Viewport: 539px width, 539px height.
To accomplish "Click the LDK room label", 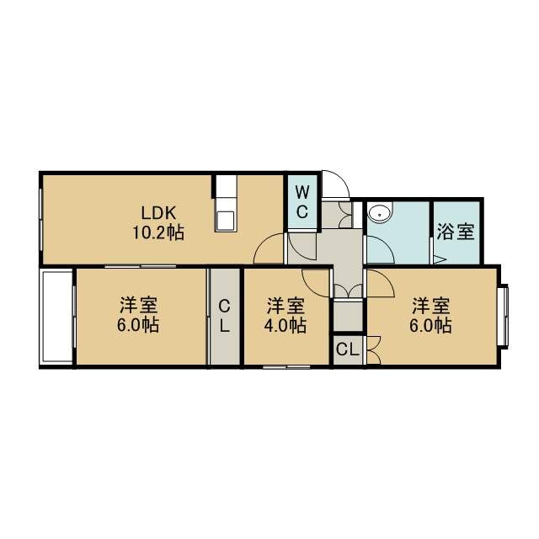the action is pos(159,213).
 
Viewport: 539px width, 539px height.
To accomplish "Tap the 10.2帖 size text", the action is pos(158,233).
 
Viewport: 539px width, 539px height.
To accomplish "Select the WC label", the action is pos(302,202).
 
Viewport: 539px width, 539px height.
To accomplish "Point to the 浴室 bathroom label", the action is pos(456,232).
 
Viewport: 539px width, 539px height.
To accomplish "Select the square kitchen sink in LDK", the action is pos(226,221).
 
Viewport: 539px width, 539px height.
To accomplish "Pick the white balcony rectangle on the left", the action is pos(56,316).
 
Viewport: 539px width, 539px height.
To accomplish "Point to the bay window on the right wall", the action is pos(503,316).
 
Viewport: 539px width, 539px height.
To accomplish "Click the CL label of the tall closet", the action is pos(225,315).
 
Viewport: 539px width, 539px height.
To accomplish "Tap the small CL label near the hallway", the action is pos(347,350).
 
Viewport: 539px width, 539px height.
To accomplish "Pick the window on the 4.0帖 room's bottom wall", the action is pos(286,366).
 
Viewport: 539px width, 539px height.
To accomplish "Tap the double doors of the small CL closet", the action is pos(374,350).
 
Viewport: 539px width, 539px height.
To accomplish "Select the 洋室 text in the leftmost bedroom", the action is pos(138,305).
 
